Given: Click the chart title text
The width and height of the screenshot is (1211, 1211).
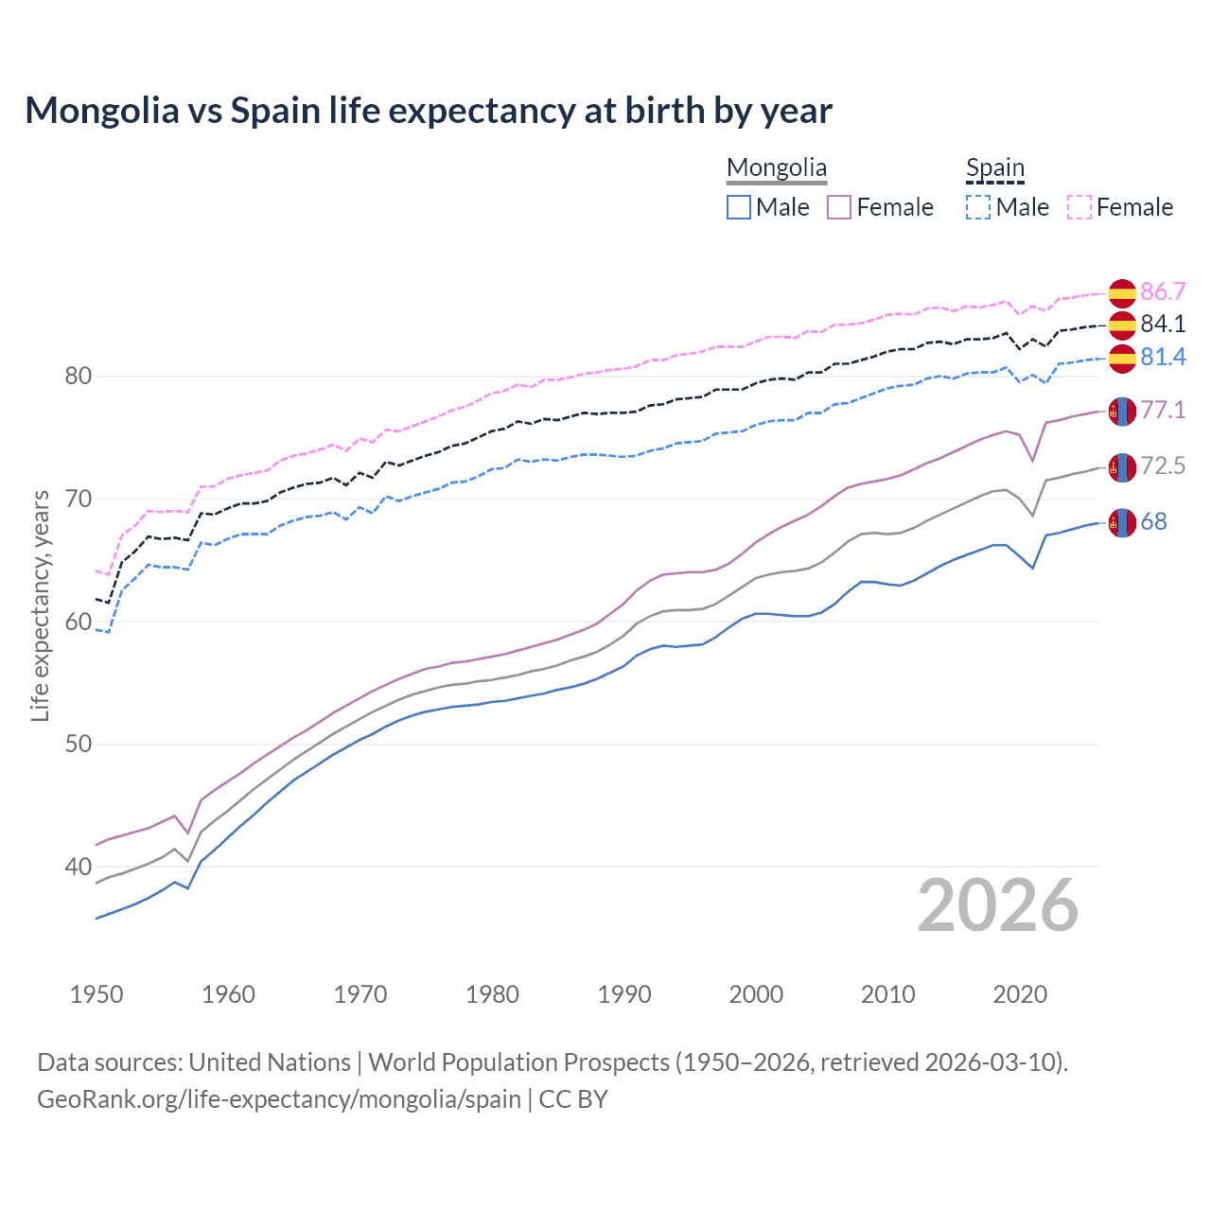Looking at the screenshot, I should [x=429, y=111].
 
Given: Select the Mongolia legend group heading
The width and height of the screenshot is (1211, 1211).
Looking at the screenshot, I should [x=776, y=168].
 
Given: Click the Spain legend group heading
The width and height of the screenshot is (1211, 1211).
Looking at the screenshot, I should [x=994, y=168].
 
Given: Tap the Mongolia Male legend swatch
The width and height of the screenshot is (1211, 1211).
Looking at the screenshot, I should [x=739, y=207].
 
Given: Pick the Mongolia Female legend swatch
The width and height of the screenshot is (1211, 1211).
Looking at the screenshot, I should [x=839, y=207].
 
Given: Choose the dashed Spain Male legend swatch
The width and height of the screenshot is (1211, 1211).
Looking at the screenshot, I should [x=978, y=207].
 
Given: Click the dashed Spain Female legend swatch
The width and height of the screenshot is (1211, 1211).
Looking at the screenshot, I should [x=1079, y=207].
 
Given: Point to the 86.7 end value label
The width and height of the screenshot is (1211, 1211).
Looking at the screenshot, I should [x=1163, y=291].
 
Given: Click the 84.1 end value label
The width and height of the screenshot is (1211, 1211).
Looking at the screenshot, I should [x=1163, y=324].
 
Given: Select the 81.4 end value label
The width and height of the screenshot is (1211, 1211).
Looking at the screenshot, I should [x=1163, y=357].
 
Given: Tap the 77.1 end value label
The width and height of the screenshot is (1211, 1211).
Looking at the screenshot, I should [x=1163, y=410].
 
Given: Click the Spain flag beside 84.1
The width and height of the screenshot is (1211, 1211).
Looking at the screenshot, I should [x=1122, y=325].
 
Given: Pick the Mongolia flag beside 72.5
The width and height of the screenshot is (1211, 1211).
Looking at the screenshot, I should [x=1122, y=466].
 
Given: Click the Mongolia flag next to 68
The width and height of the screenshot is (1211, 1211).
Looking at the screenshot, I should [x=1122, y=522].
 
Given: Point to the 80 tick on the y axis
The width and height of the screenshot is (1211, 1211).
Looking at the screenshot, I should [x=79, y=377].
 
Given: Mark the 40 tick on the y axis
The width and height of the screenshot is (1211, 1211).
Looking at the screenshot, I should [x=79, y=867].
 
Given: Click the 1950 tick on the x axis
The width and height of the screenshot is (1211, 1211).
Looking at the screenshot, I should [x=97, y=994].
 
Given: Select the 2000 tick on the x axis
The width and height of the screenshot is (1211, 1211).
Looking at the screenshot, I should [x=756, y=994].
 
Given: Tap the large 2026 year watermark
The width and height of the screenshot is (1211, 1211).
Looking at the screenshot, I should [x=998, y=906].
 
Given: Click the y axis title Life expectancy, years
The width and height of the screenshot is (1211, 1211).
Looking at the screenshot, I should [x=40, y=605].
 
